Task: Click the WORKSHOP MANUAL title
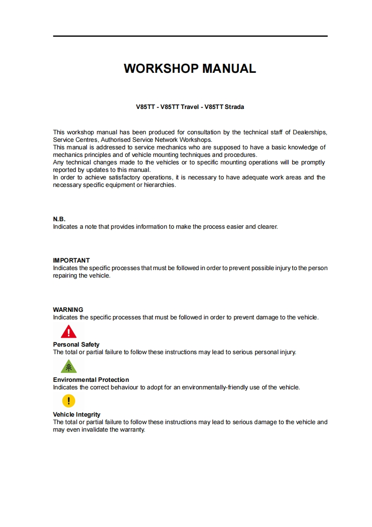(x=190, y=69)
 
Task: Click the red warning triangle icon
(x=68, y=333)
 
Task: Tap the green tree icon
(x=68, y=366)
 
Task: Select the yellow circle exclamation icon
(x=68, y=401)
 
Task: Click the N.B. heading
(x=59, y=219)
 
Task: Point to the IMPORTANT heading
(x=71, y=260)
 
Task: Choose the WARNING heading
(x=68, y=310)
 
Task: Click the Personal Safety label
(x=76, y=344)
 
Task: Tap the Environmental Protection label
(x=91, y=380)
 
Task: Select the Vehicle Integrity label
(x=76, y=414)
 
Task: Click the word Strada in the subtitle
(x=234, y=107)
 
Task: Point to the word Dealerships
(x=310, y=132)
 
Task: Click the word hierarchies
(x=160, y=185)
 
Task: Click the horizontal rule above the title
(x=190, y=36)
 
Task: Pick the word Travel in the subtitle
(x=190, y=107)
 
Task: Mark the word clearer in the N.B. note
(x=267, y=227)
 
